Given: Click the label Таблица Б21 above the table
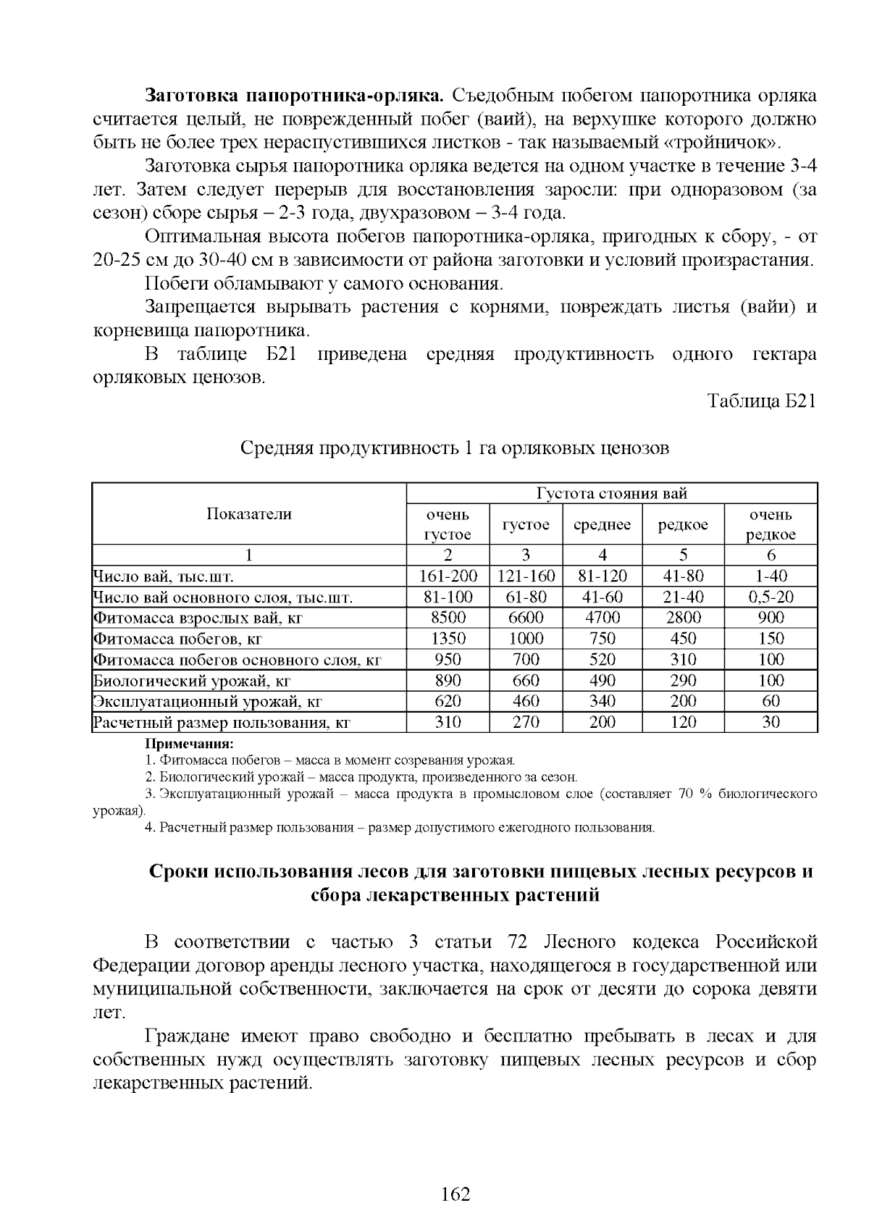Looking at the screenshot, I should point(761,401).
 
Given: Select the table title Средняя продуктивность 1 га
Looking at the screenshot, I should point(455,448).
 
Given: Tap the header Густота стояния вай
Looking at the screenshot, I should point(612,493).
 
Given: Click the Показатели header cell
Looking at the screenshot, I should point(249,514).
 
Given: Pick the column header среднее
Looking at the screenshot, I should point(602,525).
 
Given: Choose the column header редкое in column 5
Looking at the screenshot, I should point(683,525).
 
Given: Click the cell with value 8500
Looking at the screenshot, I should point(448,618).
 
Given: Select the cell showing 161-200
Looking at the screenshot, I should point(448,576).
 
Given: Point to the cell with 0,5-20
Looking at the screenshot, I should point(771,597).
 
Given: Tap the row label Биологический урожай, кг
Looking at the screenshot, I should point(192,681).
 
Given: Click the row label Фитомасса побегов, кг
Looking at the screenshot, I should point(177,639).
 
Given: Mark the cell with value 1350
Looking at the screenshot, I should point(448,639).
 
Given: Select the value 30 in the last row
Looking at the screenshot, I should point(771,722).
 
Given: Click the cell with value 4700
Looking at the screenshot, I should point(602,618).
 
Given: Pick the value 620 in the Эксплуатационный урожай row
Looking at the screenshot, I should point(448,701).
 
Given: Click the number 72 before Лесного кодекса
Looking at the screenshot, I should point(517,942).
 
